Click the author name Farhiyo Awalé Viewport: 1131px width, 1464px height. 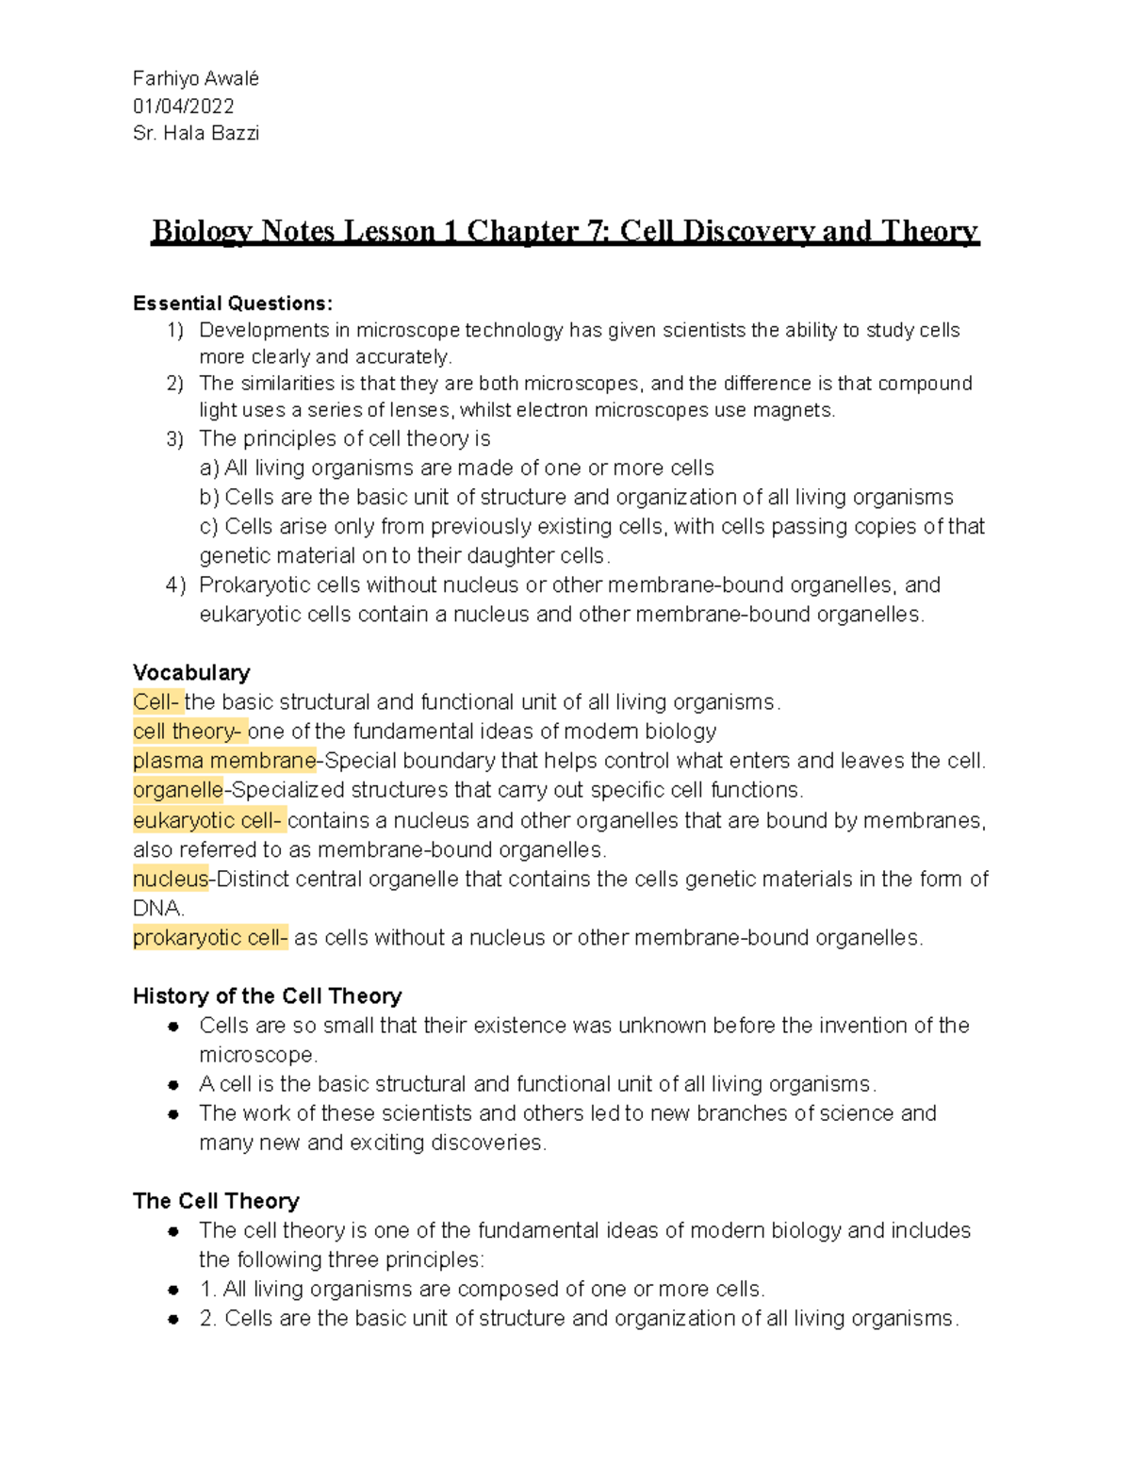196,79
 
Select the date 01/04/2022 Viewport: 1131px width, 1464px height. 184,107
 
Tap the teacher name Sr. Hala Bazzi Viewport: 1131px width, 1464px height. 196,134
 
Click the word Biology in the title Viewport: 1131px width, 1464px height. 201,231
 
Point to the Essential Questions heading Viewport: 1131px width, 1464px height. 233,304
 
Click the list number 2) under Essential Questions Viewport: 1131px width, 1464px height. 174,384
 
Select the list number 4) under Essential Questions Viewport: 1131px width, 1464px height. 175,585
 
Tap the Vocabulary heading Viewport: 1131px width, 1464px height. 191,673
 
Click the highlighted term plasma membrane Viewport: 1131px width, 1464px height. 224,761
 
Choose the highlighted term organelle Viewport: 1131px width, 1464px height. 178,790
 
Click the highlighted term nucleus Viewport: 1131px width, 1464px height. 171,880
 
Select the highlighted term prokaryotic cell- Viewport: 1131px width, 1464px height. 210,938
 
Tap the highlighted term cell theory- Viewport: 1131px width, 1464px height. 188,732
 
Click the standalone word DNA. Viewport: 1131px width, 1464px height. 156,909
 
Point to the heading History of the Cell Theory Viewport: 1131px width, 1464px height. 267,996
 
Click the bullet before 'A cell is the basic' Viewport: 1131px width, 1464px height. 173,1086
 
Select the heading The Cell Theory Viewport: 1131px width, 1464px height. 216,1201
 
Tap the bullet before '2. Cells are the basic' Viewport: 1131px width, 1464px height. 173,1320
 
